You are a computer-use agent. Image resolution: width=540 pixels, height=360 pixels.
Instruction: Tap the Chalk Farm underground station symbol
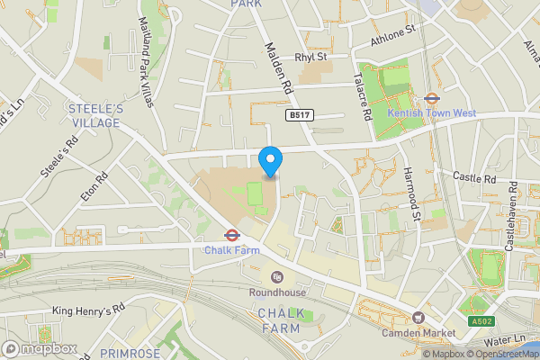point(231,236)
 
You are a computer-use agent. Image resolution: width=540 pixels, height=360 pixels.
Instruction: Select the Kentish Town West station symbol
point(431,99)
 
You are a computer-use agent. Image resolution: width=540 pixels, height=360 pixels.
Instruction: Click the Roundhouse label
point(278,292)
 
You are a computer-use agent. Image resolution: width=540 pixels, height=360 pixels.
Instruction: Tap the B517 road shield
point(299,116)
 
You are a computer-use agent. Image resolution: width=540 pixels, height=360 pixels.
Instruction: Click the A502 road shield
point(481,321)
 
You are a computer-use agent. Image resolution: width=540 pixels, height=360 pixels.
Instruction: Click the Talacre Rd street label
point(365,97)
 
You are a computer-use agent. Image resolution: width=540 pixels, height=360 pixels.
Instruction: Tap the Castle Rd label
point(475,178)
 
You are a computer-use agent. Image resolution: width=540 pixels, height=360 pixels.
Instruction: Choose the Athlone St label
point(393,35)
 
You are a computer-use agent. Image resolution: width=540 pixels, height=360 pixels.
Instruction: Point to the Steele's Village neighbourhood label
point(94,114)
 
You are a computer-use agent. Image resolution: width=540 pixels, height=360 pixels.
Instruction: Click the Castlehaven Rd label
point(510,216)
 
